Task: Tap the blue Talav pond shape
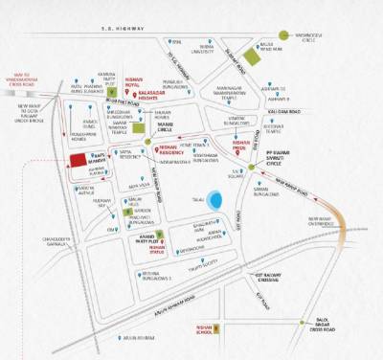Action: pos(219,201)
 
